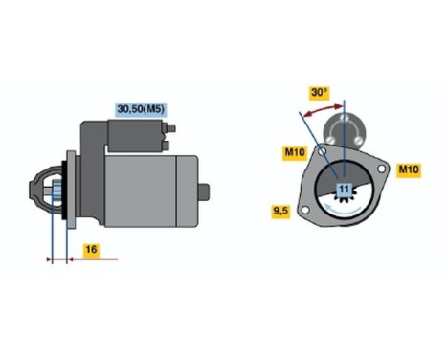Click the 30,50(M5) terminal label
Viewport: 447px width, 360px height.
141,109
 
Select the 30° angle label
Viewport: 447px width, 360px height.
319,93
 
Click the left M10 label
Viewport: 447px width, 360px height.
293,151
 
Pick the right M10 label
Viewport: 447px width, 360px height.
409,169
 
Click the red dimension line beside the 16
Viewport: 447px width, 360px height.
81,258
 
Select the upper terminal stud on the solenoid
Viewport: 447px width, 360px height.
171,127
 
